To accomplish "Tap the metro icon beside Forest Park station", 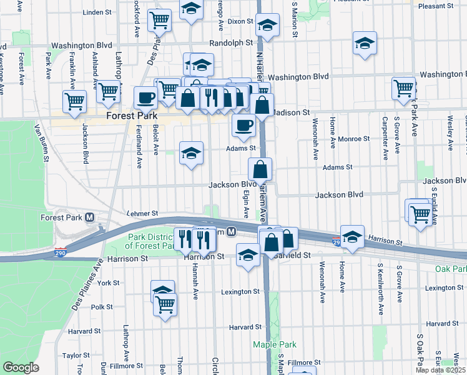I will tap(90, 217).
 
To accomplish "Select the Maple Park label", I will tap(274, 344).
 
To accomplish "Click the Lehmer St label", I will tap(142, 213).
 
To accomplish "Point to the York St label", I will tap(108, 283).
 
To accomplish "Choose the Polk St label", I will tap(102, 307).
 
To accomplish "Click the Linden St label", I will tap(96, 12).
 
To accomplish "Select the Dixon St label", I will tap(240, 21).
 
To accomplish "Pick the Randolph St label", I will tap(231, 43).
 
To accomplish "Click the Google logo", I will tap(21, 367).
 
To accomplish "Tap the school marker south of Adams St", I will tap(191, 152).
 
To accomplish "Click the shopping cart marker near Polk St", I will tap(165, 305).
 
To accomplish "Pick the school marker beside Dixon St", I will tap(268, 27).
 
